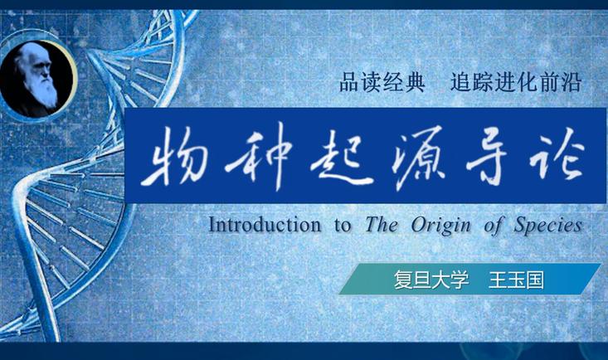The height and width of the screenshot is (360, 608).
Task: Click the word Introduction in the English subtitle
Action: [x=265, y=225]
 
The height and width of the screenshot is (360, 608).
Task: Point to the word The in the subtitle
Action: [x=382, y=225]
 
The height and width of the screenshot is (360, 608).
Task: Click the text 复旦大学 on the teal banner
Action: [x=431, y=280]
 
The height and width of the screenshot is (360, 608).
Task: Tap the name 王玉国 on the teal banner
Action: [x=517, y=280]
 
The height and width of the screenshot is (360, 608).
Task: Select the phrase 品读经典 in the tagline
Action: [x=382, y=83]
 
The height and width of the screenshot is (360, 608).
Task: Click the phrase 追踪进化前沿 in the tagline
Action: [x=516, y=83]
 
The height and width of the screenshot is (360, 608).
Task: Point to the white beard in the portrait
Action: [x=46, y=92]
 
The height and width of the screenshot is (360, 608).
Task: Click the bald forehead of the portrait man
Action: [x=34, y=53]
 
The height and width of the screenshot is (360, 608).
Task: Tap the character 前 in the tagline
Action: [x=549, y=83]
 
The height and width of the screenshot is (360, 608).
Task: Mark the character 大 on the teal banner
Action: [x=440, y=280]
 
